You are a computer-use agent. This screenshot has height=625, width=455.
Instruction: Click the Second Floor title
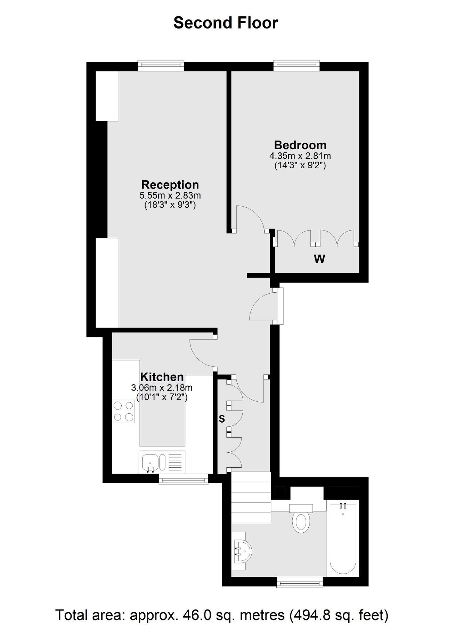[226, 23]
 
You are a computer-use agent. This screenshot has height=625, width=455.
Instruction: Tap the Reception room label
[170, 184]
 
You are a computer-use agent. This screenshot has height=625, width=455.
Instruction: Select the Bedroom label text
[300, 145]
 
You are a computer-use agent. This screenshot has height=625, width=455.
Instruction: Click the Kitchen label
[162, 377]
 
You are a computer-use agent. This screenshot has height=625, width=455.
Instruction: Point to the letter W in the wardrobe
[319, 259]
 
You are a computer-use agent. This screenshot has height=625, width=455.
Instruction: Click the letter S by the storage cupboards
[222, 419]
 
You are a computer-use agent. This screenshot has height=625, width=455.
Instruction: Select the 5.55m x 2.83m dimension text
[170, 195]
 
